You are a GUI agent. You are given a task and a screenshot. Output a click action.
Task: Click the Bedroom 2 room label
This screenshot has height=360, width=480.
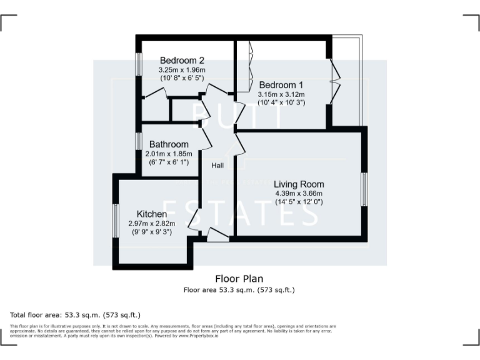coord(182,61)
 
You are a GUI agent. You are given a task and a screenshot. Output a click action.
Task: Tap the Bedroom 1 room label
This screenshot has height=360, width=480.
coord(281,85)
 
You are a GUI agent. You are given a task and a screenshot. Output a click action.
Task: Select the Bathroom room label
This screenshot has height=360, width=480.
coord(168,144)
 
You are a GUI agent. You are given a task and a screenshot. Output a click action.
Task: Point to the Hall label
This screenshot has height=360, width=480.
coord(217,166)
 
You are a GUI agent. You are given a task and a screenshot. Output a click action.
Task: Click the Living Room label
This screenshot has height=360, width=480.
coord(299,184)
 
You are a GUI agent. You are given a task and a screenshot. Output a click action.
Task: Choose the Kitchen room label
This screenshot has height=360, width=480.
coord(147,214)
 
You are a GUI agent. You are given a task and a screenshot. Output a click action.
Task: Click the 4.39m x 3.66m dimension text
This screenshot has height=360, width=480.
coord(299,193)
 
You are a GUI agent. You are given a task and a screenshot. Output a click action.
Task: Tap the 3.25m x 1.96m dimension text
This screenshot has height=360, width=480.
coord(182,70)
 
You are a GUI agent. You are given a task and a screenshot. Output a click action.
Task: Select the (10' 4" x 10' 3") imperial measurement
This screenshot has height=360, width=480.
coord(281,102)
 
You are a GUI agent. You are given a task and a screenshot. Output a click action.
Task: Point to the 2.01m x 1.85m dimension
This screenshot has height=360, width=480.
coord(168,154)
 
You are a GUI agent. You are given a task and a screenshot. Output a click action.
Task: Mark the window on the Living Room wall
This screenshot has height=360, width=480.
coord(364,189)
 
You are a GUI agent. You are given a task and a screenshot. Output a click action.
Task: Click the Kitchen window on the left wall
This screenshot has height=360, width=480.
coord(116,221)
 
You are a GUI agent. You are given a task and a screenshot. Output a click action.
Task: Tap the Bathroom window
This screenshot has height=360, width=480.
coord(139,141)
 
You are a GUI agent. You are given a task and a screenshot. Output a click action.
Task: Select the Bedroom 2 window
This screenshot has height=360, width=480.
coord(139,64)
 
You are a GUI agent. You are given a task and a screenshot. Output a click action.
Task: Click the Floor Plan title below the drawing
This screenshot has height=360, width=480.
coord(239,279)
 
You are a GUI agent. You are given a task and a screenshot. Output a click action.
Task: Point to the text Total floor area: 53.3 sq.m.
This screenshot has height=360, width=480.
coord(75,314)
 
